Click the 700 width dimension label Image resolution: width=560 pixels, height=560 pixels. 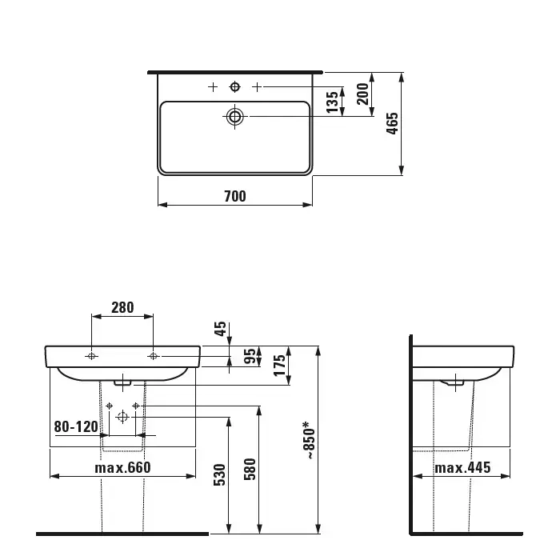click(x=235, y=196)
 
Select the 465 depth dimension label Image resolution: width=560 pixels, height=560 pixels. click(x=392, y=123)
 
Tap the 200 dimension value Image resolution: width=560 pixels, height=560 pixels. click(x=362, y=94)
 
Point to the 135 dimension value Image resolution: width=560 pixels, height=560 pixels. click(x=332, y=102)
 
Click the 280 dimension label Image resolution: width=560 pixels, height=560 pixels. click(x=122, y=307)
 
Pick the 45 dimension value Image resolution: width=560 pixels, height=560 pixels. click(x=220, y=329)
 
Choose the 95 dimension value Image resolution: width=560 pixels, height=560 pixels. click(x=250, y=356)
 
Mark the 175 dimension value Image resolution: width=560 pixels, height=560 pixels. click(x=280, y=365)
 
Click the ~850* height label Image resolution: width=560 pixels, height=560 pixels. click(x=310, y=440)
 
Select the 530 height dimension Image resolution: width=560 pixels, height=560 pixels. click(x=220, y=474)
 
